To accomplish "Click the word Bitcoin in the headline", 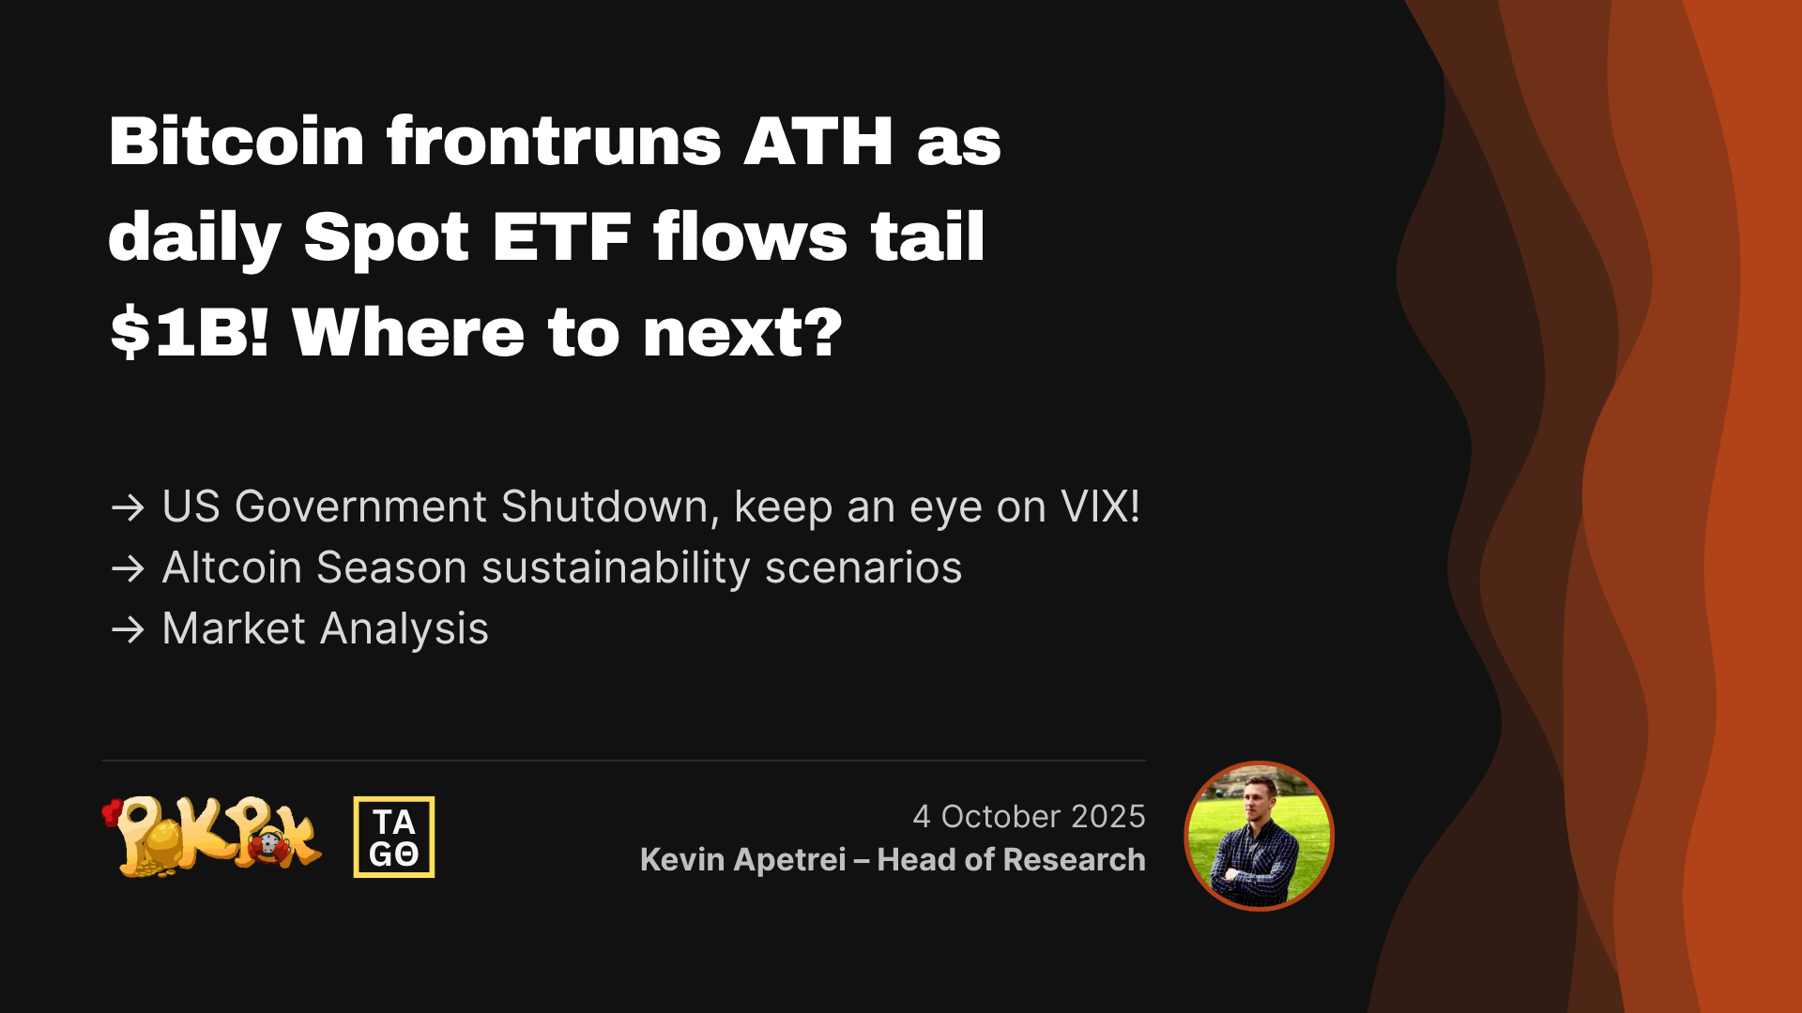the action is [237, 142].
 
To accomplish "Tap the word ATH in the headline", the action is [818, 142].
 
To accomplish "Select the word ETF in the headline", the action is [561, 236].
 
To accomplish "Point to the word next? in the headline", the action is [742, 333].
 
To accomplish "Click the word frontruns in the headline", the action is [554, 142].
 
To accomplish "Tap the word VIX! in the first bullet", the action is [1100, 506].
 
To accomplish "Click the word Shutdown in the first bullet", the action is [604, 507].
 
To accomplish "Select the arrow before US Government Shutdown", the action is [128, 507].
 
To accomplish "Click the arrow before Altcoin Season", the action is [128, 568].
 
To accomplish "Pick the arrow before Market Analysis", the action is [128, 629].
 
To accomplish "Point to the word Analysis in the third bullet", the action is [405, 629].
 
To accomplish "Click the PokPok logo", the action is [212, 836].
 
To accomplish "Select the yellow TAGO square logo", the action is [394, 837].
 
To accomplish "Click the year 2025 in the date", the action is [1108, 816].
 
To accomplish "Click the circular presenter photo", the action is [1259, 836].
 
